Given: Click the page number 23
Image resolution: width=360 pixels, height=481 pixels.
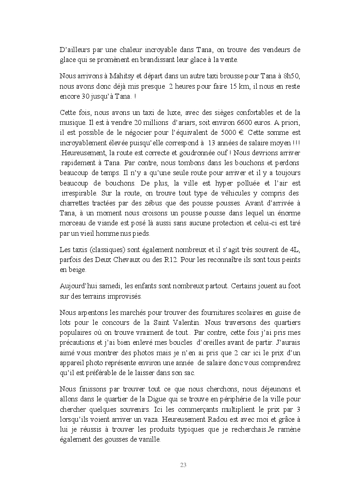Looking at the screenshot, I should [x=183, y=465].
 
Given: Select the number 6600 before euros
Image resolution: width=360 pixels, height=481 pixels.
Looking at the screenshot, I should [x=238, y=122].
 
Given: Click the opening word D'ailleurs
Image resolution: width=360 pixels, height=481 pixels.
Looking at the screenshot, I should [x=76, y=50].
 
